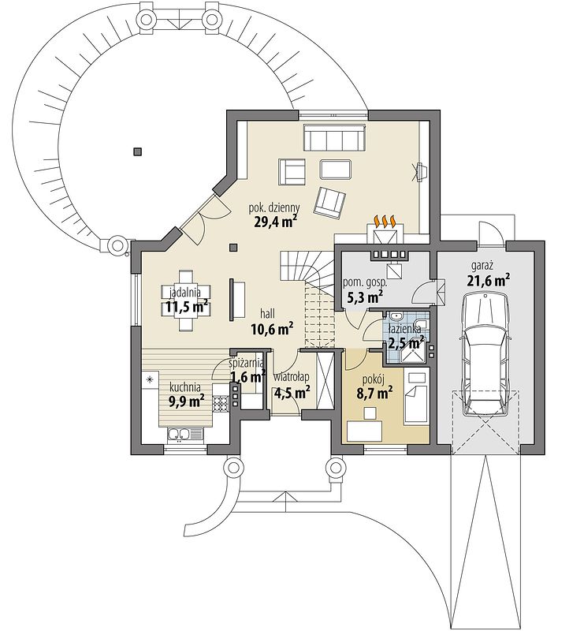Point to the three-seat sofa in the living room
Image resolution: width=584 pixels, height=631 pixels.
coord(334,137)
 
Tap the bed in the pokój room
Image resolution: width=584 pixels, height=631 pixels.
coord(415,404)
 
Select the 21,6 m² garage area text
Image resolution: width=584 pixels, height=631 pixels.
coord(489,280)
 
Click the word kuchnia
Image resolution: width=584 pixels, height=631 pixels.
coord(185,387)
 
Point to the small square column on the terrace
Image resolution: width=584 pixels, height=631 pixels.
coord(138,151)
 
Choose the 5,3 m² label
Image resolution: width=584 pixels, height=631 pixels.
coord(364,297)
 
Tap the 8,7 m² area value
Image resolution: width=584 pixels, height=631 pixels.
coord(374,393)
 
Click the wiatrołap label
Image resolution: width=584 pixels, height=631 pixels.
coord(291,377)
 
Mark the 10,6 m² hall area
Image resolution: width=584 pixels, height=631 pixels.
coord(271,329)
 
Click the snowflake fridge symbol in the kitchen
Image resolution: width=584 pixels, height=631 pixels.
coord(150,379)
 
